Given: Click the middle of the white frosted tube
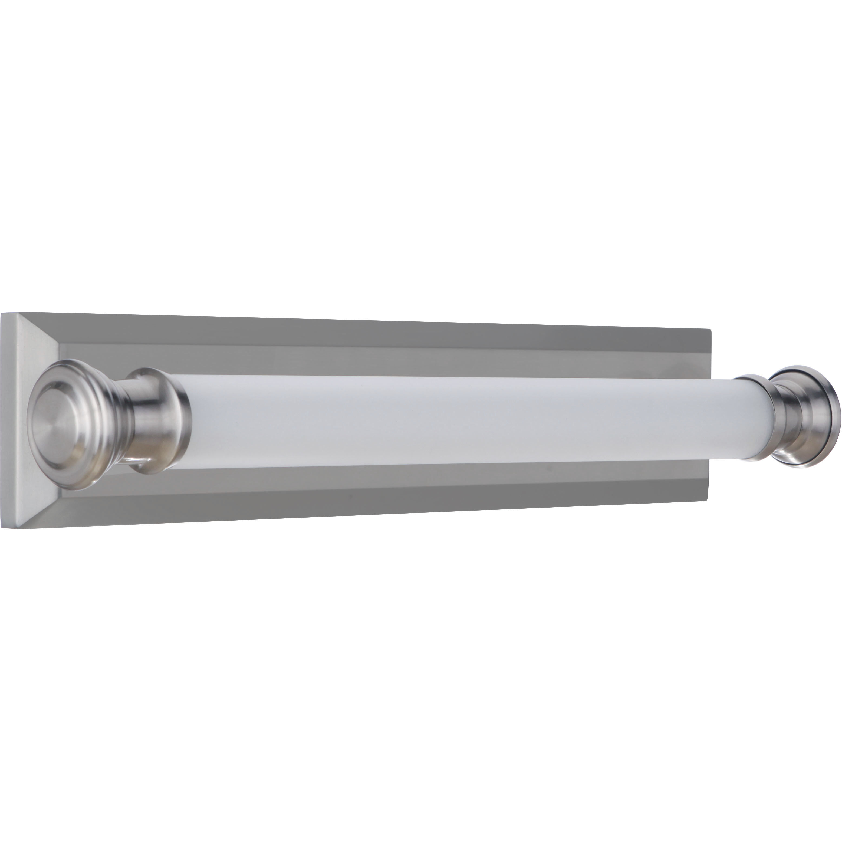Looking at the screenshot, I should coord(436,418).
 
